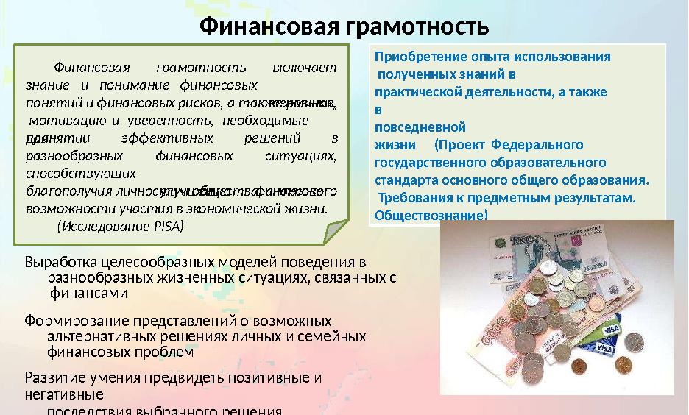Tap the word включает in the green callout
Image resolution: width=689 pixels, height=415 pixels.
click(304, 68)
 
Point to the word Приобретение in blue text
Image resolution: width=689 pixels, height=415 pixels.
click(417, 57)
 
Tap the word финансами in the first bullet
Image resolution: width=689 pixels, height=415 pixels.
click(88, 293)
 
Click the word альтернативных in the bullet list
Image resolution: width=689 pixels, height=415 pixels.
click(99, 336)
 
